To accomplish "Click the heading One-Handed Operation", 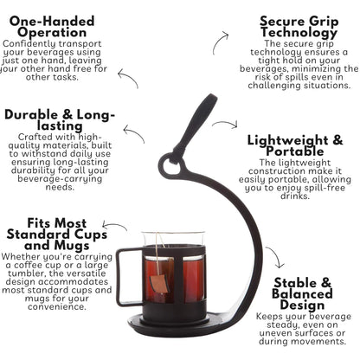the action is point(52,27).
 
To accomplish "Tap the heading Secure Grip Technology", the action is point(299,27).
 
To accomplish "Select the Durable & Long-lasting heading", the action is point(60,120).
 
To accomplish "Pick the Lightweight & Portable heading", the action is point(295,145).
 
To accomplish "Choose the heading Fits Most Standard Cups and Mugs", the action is point(57,235).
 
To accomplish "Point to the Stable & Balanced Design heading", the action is point(302,294).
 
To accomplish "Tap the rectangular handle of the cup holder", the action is point(129,277).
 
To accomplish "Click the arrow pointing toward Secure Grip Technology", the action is point(217,41).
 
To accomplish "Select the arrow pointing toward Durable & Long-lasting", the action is point(134,132).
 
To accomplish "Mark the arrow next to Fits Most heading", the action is point(115,224).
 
